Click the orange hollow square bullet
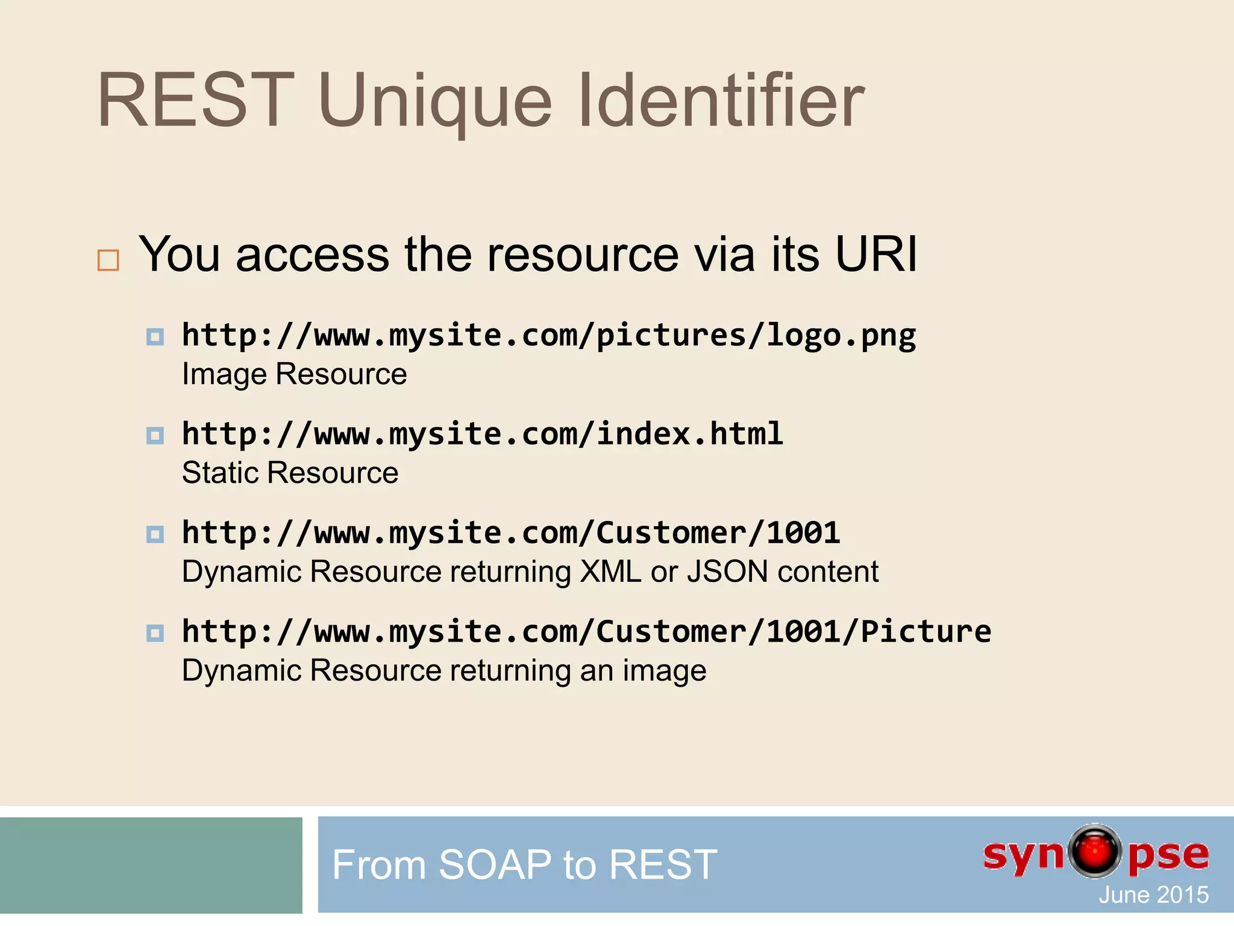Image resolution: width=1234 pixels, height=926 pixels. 108,260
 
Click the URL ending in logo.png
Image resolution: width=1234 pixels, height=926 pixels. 549,335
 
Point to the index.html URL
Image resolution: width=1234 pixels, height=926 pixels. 483,434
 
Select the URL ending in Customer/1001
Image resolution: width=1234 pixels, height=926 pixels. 511,533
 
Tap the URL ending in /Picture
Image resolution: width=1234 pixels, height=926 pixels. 586,632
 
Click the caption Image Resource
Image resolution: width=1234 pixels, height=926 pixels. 295,374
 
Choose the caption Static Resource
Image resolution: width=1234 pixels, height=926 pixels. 290,473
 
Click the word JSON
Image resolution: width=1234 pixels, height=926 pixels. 727,572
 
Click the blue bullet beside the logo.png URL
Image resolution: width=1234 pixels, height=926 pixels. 155,336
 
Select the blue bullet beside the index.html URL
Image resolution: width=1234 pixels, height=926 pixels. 155,435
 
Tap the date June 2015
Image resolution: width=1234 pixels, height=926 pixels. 1153,895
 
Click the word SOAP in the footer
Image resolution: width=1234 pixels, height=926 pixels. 495,865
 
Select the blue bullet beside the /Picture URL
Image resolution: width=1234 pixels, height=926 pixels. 155,633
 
